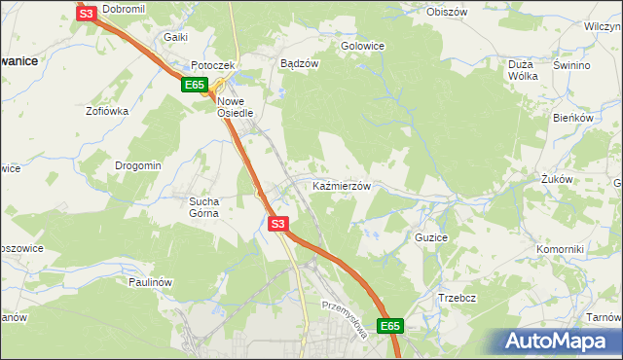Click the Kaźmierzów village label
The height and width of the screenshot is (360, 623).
tap(341, 185)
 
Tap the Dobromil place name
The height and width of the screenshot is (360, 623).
tap(124, 8)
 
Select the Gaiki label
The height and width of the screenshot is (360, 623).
tap(175, 36)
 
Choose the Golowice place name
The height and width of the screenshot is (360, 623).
tap(362, 46)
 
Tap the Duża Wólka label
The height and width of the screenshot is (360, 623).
tap(524, 71)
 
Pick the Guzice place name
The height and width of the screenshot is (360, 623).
tap(431, 236)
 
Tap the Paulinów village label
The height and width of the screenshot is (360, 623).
tap(150, 282)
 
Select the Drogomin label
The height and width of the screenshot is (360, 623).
tap(137, 165)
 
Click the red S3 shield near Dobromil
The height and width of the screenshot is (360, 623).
tap(86, 14)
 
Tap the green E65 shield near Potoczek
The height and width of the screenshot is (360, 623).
tap(192, 86)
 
